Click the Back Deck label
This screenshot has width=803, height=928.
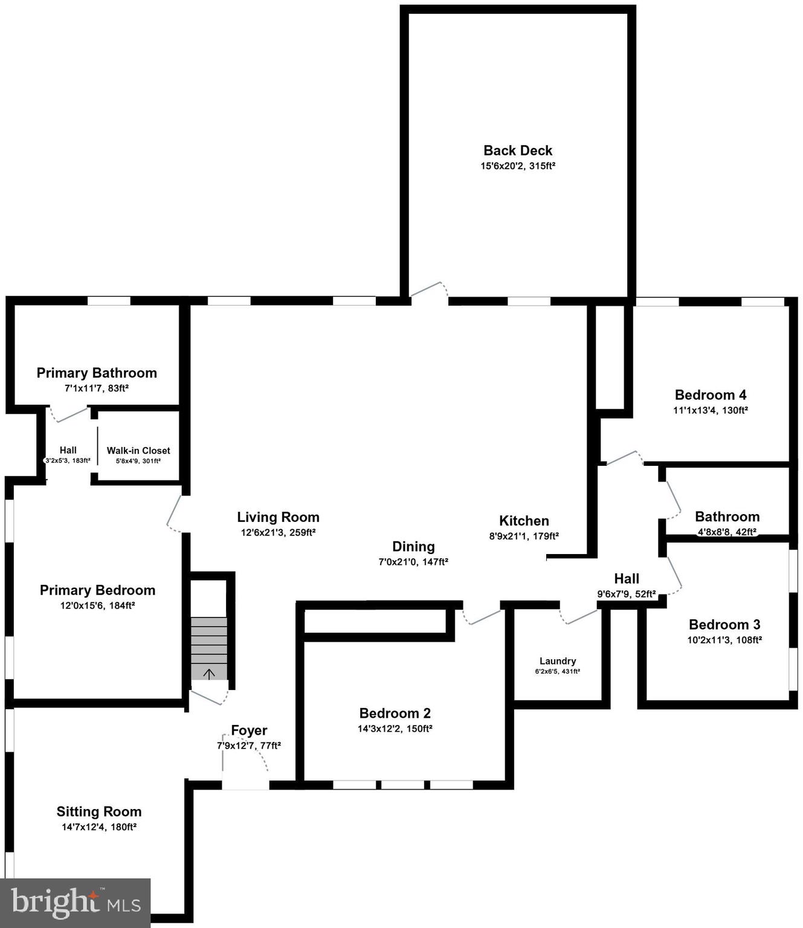pos(518,150)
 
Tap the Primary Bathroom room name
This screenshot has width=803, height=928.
pos(97,373)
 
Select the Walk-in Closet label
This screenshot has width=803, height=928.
pos(138,451)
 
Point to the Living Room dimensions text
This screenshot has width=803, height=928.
pos(278,533)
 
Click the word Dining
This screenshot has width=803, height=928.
pos(413,547)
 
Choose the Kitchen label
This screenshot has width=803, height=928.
pos(524,521)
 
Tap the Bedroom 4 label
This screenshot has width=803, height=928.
pos(711,395)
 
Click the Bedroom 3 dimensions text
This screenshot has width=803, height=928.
pos(724,640)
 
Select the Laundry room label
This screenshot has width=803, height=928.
pos(558,661)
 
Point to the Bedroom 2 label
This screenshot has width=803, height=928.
pos(395,714)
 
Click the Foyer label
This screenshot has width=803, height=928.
pos(249,730)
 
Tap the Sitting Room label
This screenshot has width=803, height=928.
pos(99,812)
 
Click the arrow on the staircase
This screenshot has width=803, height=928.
pos(209,674)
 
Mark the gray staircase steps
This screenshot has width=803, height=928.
pos(209,640)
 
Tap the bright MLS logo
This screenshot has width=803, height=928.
pos(75,903)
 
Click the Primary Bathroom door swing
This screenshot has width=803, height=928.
pos(68,415)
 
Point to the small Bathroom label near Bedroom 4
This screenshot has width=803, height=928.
pos(727,517)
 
